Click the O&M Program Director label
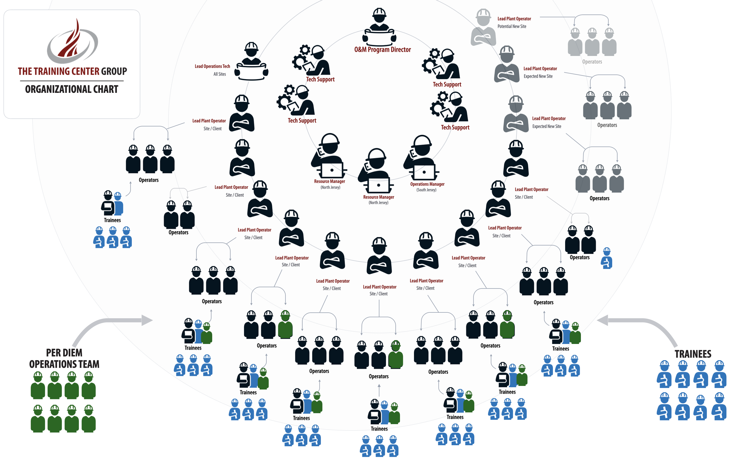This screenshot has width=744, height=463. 382,50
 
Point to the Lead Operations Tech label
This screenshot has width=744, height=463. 212,66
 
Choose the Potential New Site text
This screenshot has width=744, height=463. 512,27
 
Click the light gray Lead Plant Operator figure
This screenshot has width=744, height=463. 483,28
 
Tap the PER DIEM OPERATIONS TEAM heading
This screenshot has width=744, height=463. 64,358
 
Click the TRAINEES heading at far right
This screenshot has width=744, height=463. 693,354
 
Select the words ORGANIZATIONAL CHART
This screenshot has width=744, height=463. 72,89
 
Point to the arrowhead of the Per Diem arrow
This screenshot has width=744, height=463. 148,320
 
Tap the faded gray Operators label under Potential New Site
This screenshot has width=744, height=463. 592,62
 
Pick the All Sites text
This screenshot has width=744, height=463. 220,74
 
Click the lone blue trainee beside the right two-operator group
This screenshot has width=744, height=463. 607,259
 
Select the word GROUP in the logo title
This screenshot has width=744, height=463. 114,71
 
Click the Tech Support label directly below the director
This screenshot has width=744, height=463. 320,79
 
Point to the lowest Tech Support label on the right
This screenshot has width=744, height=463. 455,127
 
